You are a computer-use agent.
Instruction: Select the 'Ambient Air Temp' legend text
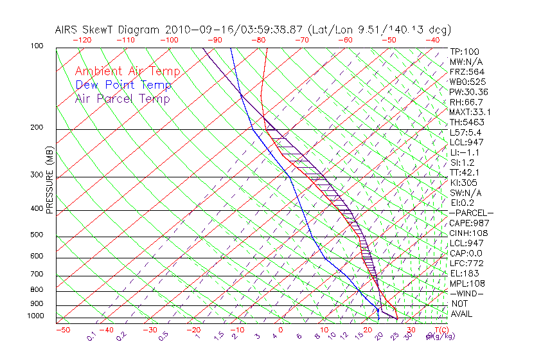[x=127, y=71]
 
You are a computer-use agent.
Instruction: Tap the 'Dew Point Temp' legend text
[x=123, y=85]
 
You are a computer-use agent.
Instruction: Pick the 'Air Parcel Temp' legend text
[x=122, y=99]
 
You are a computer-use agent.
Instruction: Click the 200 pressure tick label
[x=36, y=127]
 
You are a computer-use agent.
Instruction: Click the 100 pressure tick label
[x=36, y=46]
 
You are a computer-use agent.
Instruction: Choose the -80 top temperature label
[x=258, y=39]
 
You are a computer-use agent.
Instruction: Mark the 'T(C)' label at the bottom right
[x=441, y=330]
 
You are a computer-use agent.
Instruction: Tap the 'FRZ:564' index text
[x=466, y=72]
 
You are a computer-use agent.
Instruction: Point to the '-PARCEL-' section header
[x=471, y=213]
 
